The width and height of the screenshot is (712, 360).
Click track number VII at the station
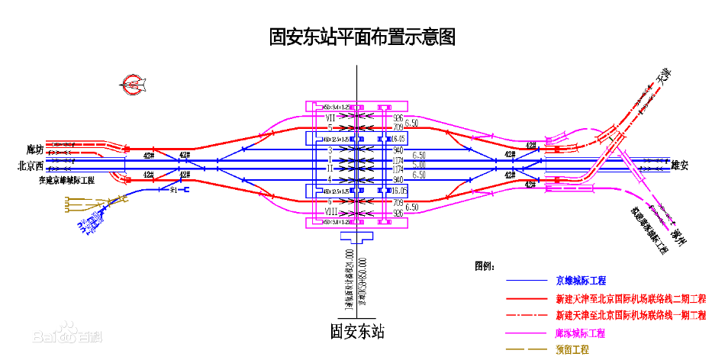330,118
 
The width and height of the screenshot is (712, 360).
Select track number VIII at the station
330,211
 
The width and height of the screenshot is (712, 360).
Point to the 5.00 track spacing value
419,165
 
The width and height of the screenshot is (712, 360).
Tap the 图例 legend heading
484,266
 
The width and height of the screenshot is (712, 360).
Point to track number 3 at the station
330,150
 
